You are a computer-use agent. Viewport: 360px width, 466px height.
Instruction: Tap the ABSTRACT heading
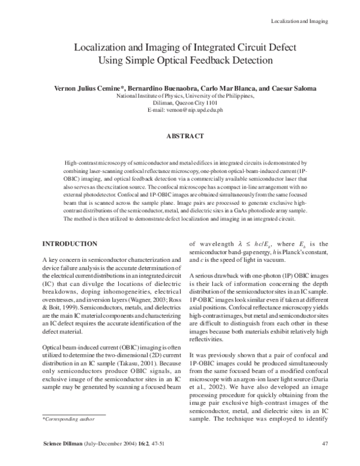tap(185, 136)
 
